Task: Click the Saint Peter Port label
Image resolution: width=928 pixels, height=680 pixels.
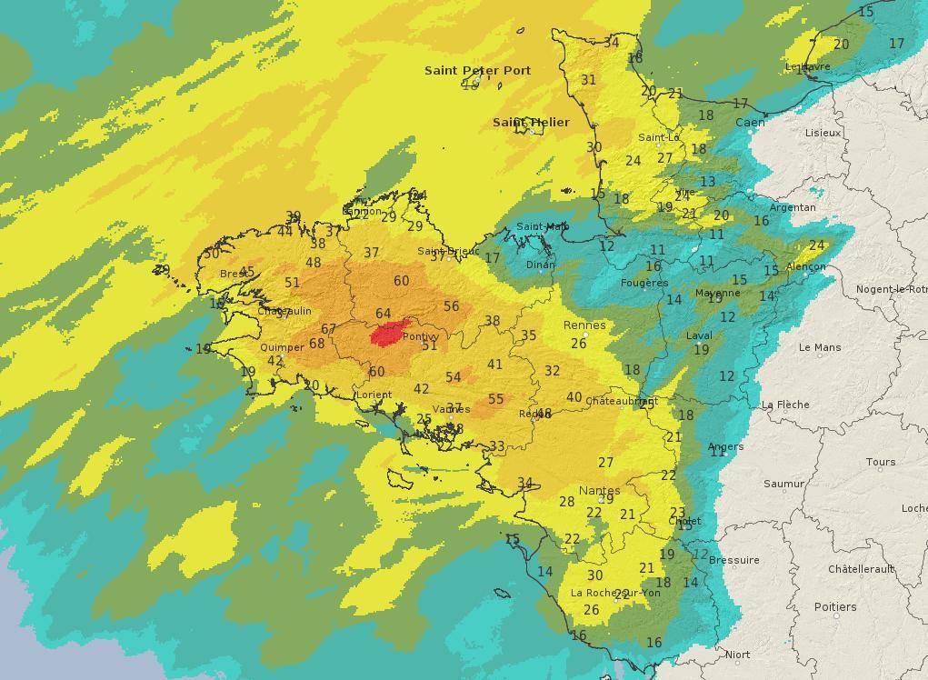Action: [x=477, y=70]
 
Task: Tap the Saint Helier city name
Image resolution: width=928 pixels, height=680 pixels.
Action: [x=531, y=122]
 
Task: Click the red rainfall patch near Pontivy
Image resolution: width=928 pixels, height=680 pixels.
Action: [x=387, y=335]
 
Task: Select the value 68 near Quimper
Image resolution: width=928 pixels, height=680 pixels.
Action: [x=316, y=344]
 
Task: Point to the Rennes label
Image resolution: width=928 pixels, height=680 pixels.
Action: [x=584, y=325]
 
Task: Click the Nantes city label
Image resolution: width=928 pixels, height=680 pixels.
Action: [x=599, y=490]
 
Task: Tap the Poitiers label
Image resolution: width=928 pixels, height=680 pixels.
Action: [x=834, y=606]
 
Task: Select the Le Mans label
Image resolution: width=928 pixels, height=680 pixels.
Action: [x=819, y=347]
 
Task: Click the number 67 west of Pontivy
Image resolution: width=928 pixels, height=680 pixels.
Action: [x=328, y=329]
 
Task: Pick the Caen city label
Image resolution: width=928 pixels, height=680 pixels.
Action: [x=750, y=122]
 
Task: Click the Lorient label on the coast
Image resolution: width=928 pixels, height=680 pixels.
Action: [x=374, y=395]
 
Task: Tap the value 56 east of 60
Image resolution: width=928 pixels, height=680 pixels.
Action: [x=451, y=306]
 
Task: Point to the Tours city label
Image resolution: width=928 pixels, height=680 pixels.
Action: [x=880, y=462]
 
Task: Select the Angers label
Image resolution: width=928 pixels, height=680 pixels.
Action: [x=725, y=446]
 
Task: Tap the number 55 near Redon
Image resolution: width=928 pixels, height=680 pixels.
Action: [x=495, y=399]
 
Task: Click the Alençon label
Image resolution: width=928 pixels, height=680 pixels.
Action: [x=805, y=266]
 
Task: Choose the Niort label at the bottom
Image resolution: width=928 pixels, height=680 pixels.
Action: [x=737, y=655]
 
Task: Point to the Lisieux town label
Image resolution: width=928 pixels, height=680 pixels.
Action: [x=823, y=133]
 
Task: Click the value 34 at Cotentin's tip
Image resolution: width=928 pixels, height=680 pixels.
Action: [x=611, y=43]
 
